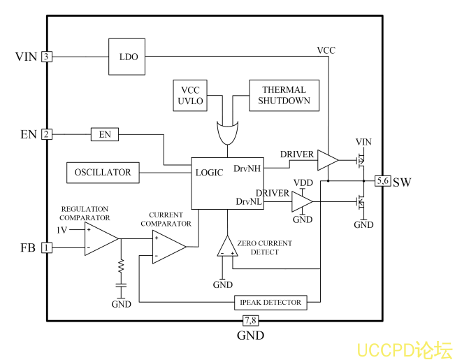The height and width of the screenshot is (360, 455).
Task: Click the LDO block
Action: click(x=127, y=57)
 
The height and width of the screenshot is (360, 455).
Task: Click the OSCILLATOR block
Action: click(x=102, y=172)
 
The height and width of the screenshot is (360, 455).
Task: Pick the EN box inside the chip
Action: click(x=105, y=134)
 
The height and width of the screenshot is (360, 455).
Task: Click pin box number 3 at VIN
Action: click(x=47, y=57)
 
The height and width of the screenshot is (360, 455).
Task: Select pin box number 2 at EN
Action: click(x=47, y=134)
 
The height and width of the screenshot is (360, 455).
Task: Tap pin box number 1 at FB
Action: click(x=47, y=247)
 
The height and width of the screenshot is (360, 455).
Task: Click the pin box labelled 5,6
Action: click(x=383, y=182)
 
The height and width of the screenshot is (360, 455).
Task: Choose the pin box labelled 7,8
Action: click(x=250, y=321)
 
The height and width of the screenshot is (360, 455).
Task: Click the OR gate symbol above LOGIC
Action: click(x=227, y=131)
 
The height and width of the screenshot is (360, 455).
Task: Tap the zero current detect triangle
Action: click(x=227, y=247)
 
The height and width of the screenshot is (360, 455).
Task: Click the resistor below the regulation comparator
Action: click(x=121, y=266)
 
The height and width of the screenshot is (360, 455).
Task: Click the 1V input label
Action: click(x=62, y=230)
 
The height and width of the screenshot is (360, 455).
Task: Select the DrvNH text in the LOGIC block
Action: click(x=248, y=168)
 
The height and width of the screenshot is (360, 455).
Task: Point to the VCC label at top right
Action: click(x=326, y=50)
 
